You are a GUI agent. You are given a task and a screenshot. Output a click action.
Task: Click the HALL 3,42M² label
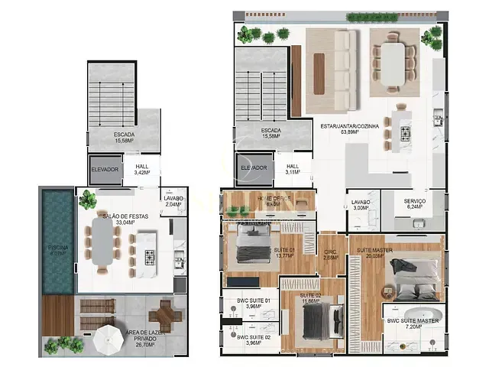(x=142, y=170)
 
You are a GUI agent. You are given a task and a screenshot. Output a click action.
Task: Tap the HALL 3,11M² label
(x=293, y=170)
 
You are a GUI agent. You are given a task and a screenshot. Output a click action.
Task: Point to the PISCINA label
(x=57, y=250)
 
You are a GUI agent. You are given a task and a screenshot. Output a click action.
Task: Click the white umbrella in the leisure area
(x=109, y=336)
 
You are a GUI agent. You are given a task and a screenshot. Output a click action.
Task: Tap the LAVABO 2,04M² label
(x=173, y=202)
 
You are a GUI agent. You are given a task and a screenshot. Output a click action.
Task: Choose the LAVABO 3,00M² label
(x=361, y=205)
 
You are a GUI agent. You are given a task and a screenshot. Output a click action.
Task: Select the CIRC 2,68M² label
(x=330, y=255)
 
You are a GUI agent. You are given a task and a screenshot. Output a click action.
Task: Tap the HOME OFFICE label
(x=274, y=200)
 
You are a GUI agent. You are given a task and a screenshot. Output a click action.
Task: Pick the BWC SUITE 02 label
(x=250, y=339)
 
